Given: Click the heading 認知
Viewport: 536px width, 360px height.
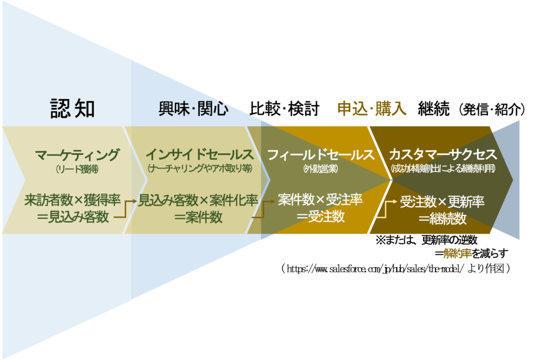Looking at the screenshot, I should click(73, 108).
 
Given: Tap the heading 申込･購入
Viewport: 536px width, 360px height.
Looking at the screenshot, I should click(372, 109).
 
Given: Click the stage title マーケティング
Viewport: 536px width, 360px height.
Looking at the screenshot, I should click(77, 155).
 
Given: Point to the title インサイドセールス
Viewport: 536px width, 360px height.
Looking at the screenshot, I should click(199, 155).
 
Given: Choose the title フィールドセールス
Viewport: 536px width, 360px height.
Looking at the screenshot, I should click(321, 155).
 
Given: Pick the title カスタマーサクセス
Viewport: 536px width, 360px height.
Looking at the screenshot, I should click(443, 155).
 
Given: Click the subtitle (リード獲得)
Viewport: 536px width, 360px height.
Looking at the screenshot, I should click(77, 169).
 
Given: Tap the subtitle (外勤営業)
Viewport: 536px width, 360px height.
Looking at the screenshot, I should click(320, 169).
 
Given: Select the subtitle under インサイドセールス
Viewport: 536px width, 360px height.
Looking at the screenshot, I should click(199, 169).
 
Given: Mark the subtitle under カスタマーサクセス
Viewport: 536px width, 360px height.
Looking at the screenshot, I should click(443, 169).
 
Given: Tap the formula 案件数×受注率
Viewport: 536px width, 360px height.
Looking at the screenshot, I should click(320, 200).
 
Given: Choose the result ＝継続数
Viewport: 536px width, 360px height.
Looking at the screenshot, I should click(443, 219).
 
